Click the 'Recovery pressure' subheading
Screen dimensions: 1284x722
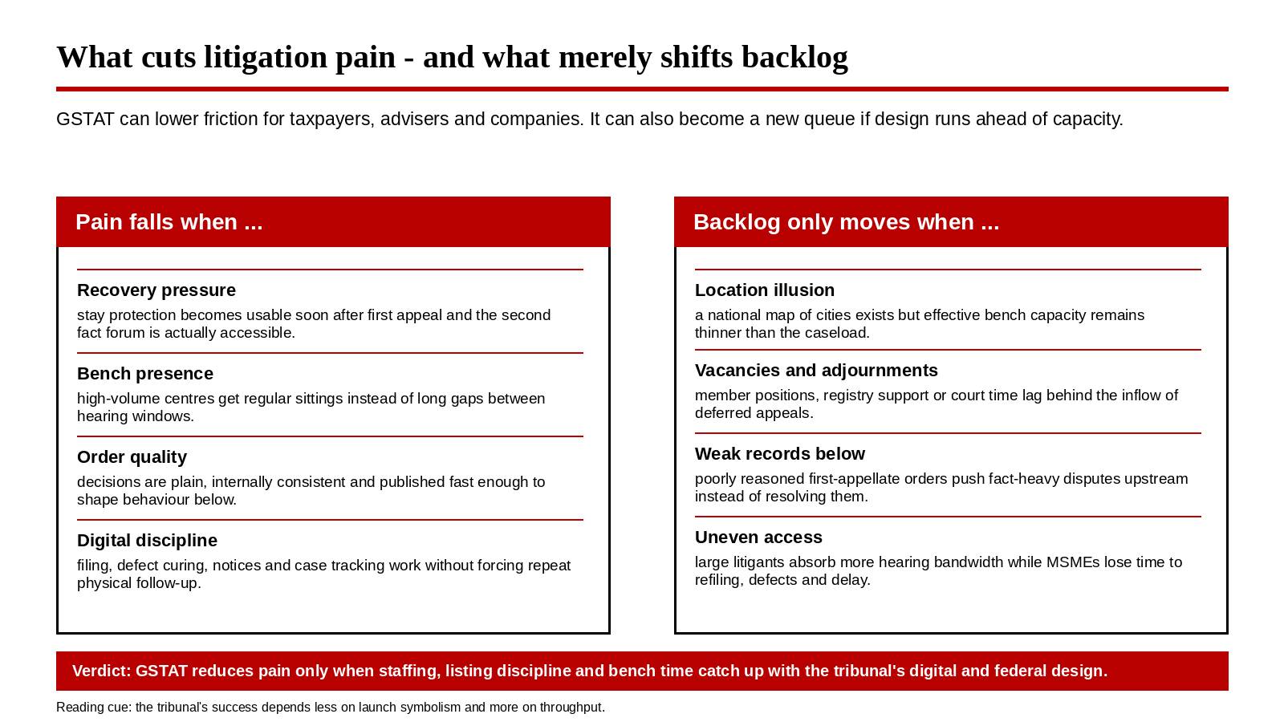[156, 290]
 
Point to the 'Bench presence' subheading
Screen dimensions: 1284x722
[145, 374]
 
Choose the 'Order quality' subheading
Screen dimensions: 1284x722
[132, 457]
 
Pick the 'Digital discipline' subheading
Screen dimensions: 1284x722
[148, 541]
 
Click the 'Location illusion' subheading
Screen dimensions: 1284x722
[765, 290]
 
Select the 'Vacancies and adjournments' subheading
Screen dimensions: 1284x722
[816, 371]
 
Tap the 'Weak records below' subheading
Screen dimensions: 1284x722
[779, 454]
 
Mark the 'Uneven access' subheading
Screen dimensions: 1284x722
[758, 537]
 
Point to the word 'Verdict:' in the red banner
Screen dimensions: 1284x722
[101, 671]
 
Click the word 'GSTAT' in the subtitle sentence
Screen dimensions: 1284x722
[85, 120]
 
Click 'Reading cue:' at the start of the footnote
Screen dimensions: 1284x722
[94, 708]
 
